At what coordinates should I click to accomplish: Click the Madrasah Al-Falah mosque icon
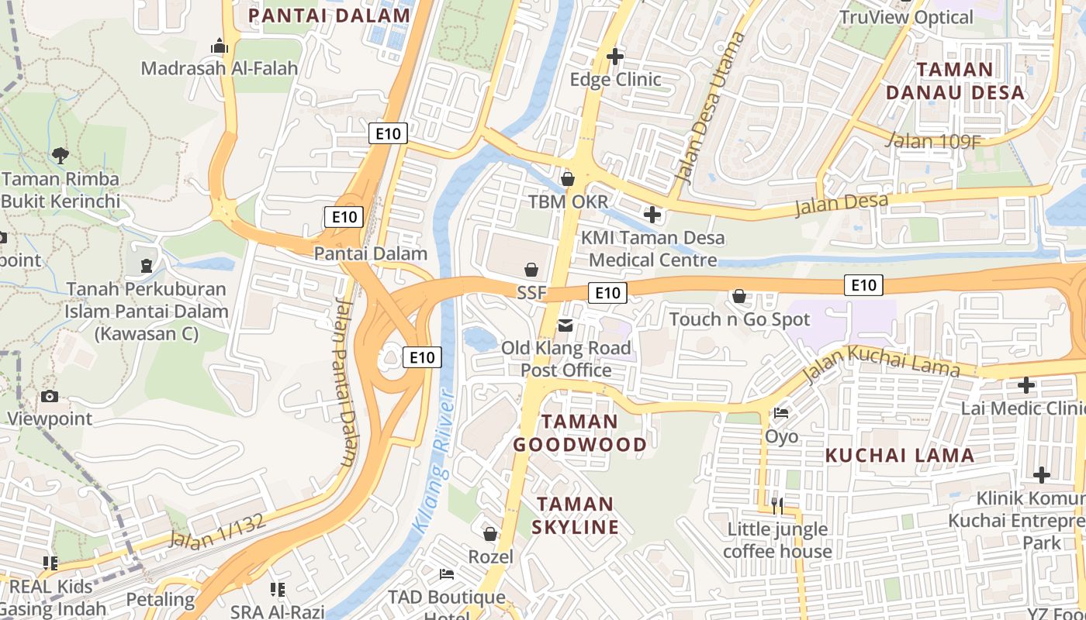coord(220,46)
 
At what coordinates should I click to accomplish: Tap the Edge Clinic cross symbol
coord(615,57)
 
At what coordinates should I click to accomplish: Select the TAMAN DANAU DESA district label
coord(955,81)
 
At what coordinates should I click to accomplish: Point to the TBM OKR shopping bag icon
coord(568,179)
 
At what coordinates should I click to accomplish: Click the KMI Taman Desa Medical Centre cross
coord(652,215)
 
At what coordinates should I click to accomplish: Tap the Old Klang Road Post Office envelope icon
coord(565,325)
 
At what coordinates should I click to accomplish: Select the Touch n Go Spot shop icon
coord(739,296)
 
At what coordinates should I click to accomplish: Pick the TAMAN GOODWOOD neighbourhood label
coord(579,433)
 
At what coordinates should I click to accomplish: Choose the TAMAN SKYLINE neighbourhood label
coord(576,515)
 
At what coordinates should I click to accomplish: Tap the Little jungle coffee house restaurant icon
coord(777,506)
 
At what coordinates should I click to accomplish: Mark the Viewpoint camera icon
coord(50,397)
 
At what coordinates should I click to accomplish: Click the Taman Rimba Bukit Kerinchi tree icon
coord(61,156)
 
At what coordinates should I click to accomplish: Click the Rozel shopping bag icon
coord(490,534)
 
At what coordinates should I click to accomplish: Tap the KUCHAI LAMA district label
coord(900,456)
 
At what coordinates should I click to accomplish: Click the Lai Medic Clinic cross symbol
coord(1026,384)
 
